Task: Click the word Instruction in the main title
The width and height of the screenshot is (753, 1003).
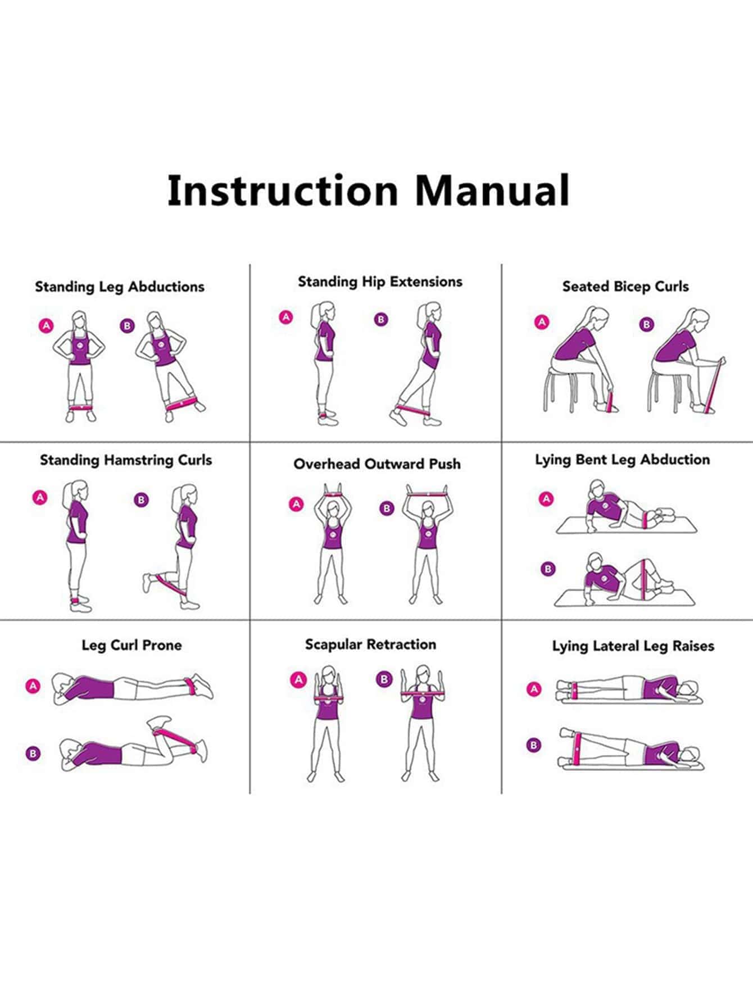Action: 283,190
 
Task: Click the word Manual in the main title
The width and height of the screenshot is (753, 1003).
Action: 493,190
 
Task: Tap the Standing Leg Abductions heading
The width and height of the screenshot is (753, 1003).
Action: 120,287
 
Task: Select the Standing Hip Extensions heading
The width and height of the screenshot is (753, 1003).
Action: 380,282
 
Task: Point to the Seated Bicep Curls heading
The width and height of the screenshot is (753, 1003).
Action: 625,287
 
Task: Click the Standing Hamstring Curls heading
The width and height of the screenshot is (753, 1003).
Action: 126,460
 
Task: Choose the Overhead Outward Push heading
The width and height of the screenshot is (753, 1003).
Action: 377,464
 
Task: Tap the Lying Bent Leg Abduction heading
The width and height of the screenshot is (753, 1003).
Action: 622,460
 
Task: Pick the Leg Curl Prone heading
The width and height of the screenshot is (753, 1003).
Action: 131,645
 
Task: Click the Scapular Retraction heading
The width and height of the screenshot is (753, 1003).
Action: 370,645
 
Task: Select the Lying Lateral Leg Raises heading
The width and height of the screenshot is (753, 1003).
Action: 633,646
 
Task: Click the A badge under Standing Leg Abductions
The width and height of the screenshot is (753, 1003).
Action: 46,325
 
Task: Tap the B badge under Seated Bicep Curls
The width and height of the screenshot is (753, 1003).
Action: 647,324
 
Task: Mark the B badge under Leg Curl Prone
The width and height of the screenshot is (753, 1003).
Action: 33,754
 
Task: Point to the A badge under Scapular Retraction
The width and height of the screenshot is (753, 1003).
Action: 298,680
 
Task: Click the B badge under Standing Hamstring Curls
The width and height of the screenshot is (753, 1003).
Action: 141,500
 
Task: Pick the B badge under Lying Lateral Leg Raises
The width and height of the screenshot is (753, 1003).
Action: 534,746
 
